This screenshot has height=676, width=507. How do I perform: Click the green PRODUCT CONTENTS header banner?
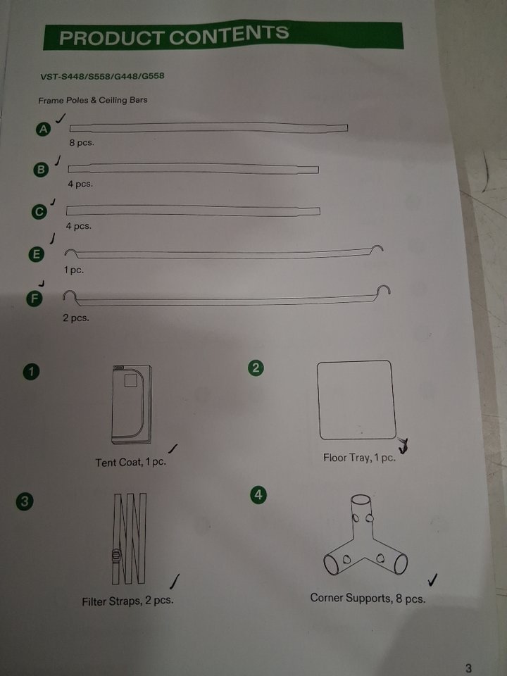(223, 35)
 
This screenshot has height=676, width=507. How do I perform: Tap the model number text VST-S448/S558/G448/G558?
(102, 76)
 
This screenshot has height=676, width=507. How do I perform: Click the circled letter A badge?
(43, 129)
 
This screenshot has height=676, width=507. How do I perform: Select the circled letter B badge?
(41, 170)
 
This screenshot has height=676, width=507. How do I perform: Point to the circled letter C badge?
(39, 212)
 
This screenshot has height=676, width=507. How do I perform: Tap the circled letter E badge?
(37, 254)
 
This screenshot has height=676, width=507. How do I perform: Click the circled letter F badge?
(35, 299)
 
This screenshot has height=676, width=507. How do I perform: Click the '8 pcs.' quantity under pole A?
(82, 143)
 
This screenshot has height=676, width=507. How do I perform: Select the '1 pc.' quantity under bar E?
(74, 270)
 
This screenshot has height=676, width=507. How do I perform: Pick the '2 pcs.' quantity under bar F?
(76, 318)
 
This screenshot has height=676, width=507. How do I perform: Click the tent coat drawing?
(132, 404)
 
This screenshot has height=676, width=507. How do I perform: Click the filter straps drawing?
(130, 539)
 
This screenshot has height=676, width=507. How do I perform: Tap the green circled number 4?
(258, 494)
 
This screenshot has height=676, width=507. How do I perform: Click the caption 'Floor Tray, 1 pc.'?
(359, 458)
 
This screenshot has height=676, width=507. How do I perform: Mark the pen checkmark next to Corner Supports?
(433, 580)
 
